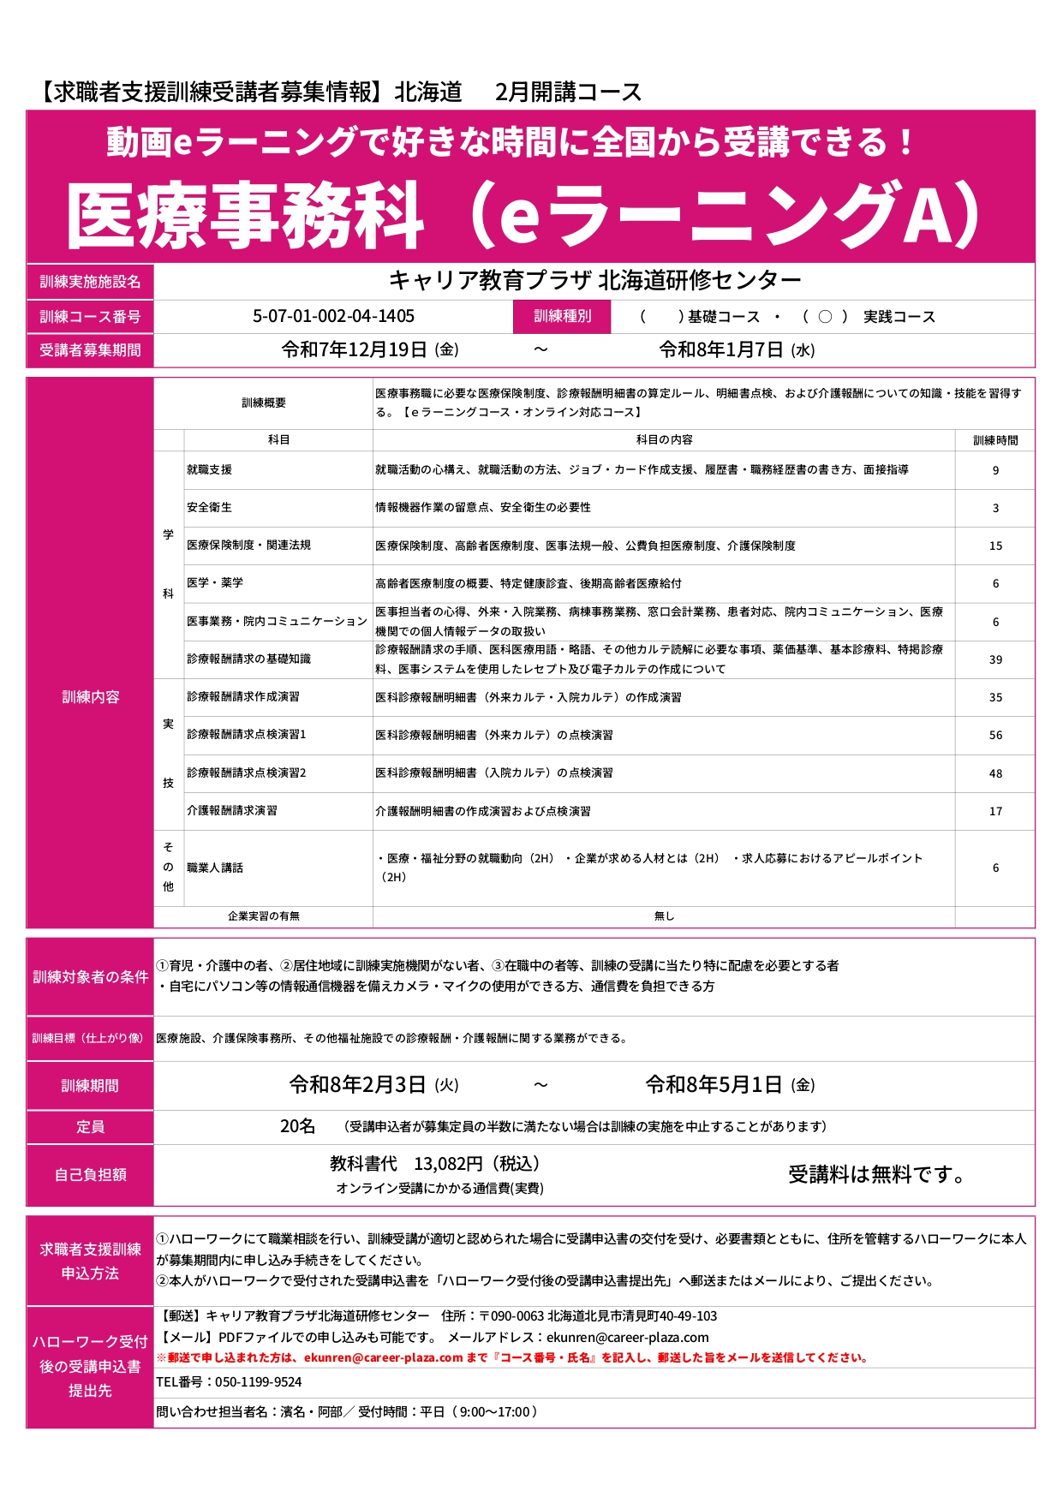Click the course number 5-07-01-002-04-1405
pyautogui.click(x=333, y=316)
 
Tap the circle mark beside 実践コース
pyautogui.click(x=825, y=317)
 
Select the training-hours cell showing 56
pyautogui.click(x=995, y=735)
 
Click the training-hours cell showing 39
pyautogui.click(x=995, y=659)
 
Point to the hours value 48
pyautogui.click(x=995, y=773)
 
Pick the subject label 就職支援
pyautogui.click(x=210, y=469)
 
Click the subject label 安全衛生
pyautogui.click(x=210, y=507)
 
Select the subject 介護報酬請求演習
pyautogui.click(x=232, y=810)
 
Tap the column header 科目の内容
pyautogui.click(x=664, y=439)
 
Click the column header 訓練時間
pyautogui.click(x=995, y=440)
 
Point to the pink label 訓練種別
pyautogui.click(x=562, y=316)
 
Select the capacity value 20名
pyautogui.click(x=298, y=1126)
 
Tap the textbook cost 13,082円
pyautogui.click(x=449, y=1163)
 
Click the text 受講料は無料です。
pyautogui.click(x=877, y=1175)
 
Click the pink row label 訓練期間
pyautogui.click(x=90, y=1086)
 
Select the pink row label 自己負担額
pyautogui.click(x=90, y=1175)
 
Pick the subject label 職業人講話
pyautogui.click(x=215, y=868)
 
